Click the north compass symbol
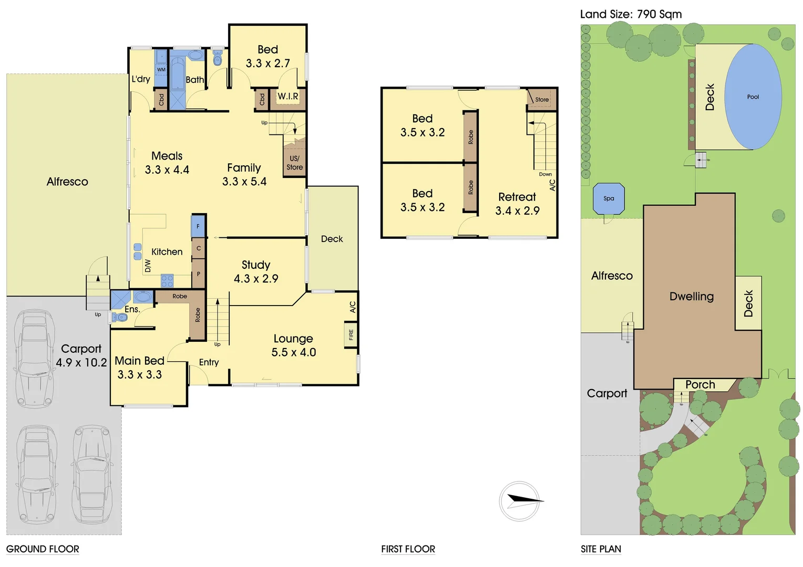coord(520,501)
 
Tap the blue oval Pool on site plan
coord(753,97)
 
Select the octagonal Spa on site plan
coord(609,198)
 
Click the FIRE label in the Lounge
coord(351,335)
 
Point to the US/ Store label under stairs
coord(294,163)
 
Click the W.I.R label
coord(287,97)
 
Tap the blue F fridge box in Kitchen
coord(198,226)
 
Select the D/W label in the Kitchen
coord(148,266)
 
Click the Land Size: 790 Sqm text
coord(631,14)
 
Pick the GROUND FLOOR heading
coord(43,549)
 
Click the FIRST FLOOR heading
coord(408,549)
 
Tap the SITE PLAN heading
coord(601,549)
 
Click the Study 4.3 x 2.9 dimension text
coord(256,279)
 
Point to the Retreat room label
coord(517,197)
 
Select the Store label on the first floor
coord(542,100)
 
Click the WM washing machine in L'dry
coord(161,69)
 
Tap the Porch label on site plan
coord(700,385)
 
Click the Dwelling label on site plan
coord(692,296)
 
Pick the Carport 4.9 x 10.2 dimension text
coord(81,362)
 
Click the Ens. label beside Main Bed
coord(132,309)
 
